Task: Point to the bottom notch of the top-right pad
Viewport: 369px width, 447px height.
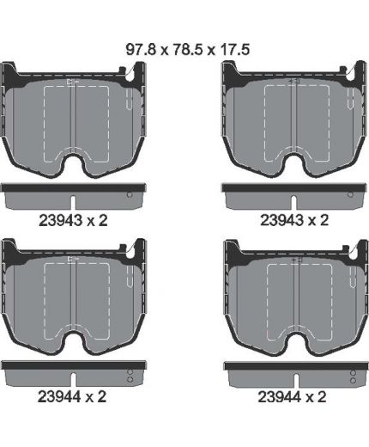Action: [x=293, y=163]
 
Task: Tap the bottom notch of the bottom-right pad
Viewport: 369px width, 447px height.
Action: [x=293, y=342]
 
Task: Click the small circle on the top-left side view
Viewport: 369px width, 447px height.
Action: [x=130, y=194]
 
